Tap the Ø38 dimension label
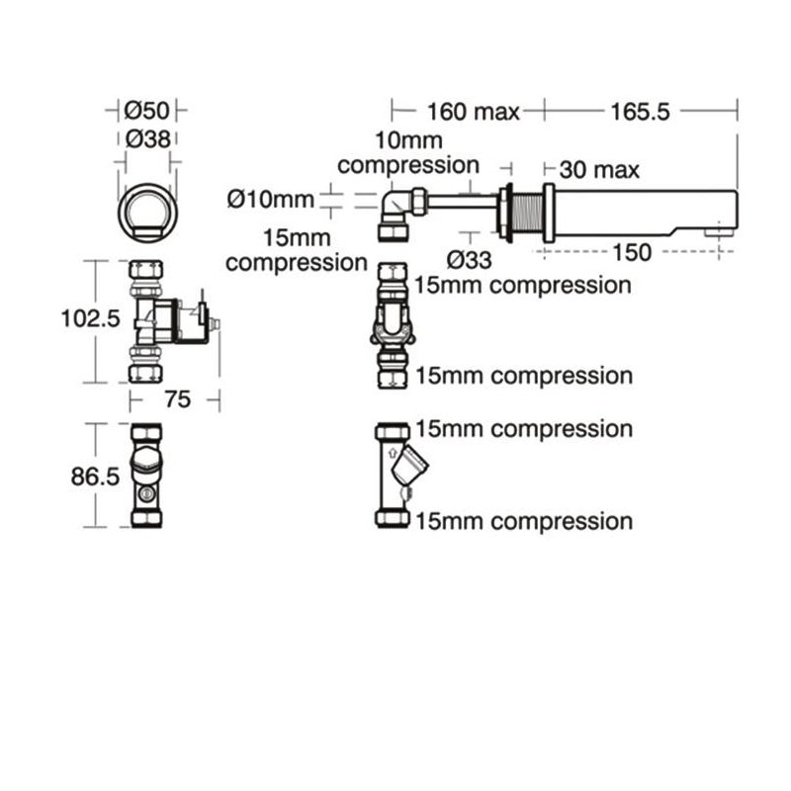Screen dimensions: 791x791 tap(147, 138)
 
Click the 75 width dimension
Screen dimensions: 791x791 tap(177, 398)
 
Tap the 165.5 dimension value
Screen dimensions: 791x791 tap(642, 110)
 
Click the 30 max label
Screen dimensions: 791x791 tap(599, 169)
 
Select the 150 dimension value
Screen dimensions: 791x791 tap(631, 252)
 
